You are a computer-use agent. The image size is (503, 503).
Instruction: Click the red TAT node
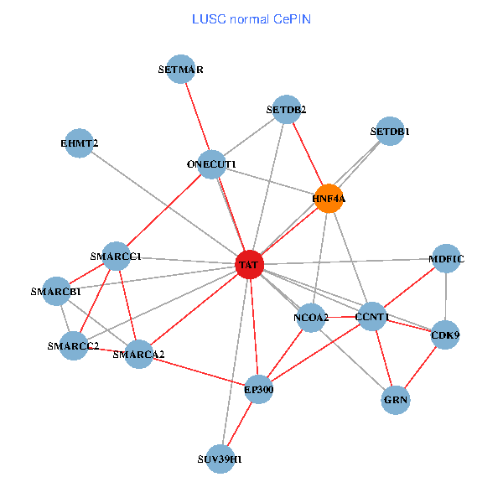point(249,265)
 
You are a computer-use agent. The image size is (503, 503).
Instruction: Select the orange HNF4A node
point(329,199)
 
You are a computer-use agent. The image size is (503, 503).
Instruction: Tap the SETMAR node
point(181,70)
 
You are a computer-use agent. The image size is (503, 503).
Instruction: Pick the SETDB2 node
point(287,109)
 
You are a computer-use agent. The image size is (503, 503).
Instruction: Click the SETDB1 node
point(390,132)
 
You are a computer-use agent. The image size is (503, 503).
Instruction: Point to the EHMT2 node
point(79,143)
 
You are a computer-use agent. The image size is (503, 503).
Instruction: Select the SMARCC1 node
point(116,256)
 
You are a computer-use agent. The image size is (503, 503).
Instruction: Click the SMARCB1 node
point(56,292)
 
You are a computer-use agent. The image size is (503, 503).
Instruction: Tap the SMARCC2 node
point(73,345)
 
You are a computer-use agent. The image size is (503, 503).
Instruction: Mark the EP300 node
point(259,389)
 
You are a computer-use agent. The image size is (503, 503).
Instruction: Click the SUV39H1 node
point(220,459)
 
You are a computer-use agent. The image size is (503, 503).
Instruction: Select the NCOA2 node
point(311,317)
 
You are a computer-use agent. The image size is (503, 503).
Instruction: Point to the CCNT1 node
point(371,316)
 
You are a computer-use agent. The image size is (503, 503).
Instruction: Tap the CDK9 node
point(445,335)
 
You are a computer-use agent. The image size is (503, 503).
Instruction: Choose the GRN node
point(396,400)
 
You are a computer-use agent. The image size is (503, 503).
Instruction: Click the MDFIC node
point(446,258)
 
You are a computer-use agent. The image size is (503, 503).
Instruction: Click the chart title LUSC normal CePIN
point(251,18)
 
